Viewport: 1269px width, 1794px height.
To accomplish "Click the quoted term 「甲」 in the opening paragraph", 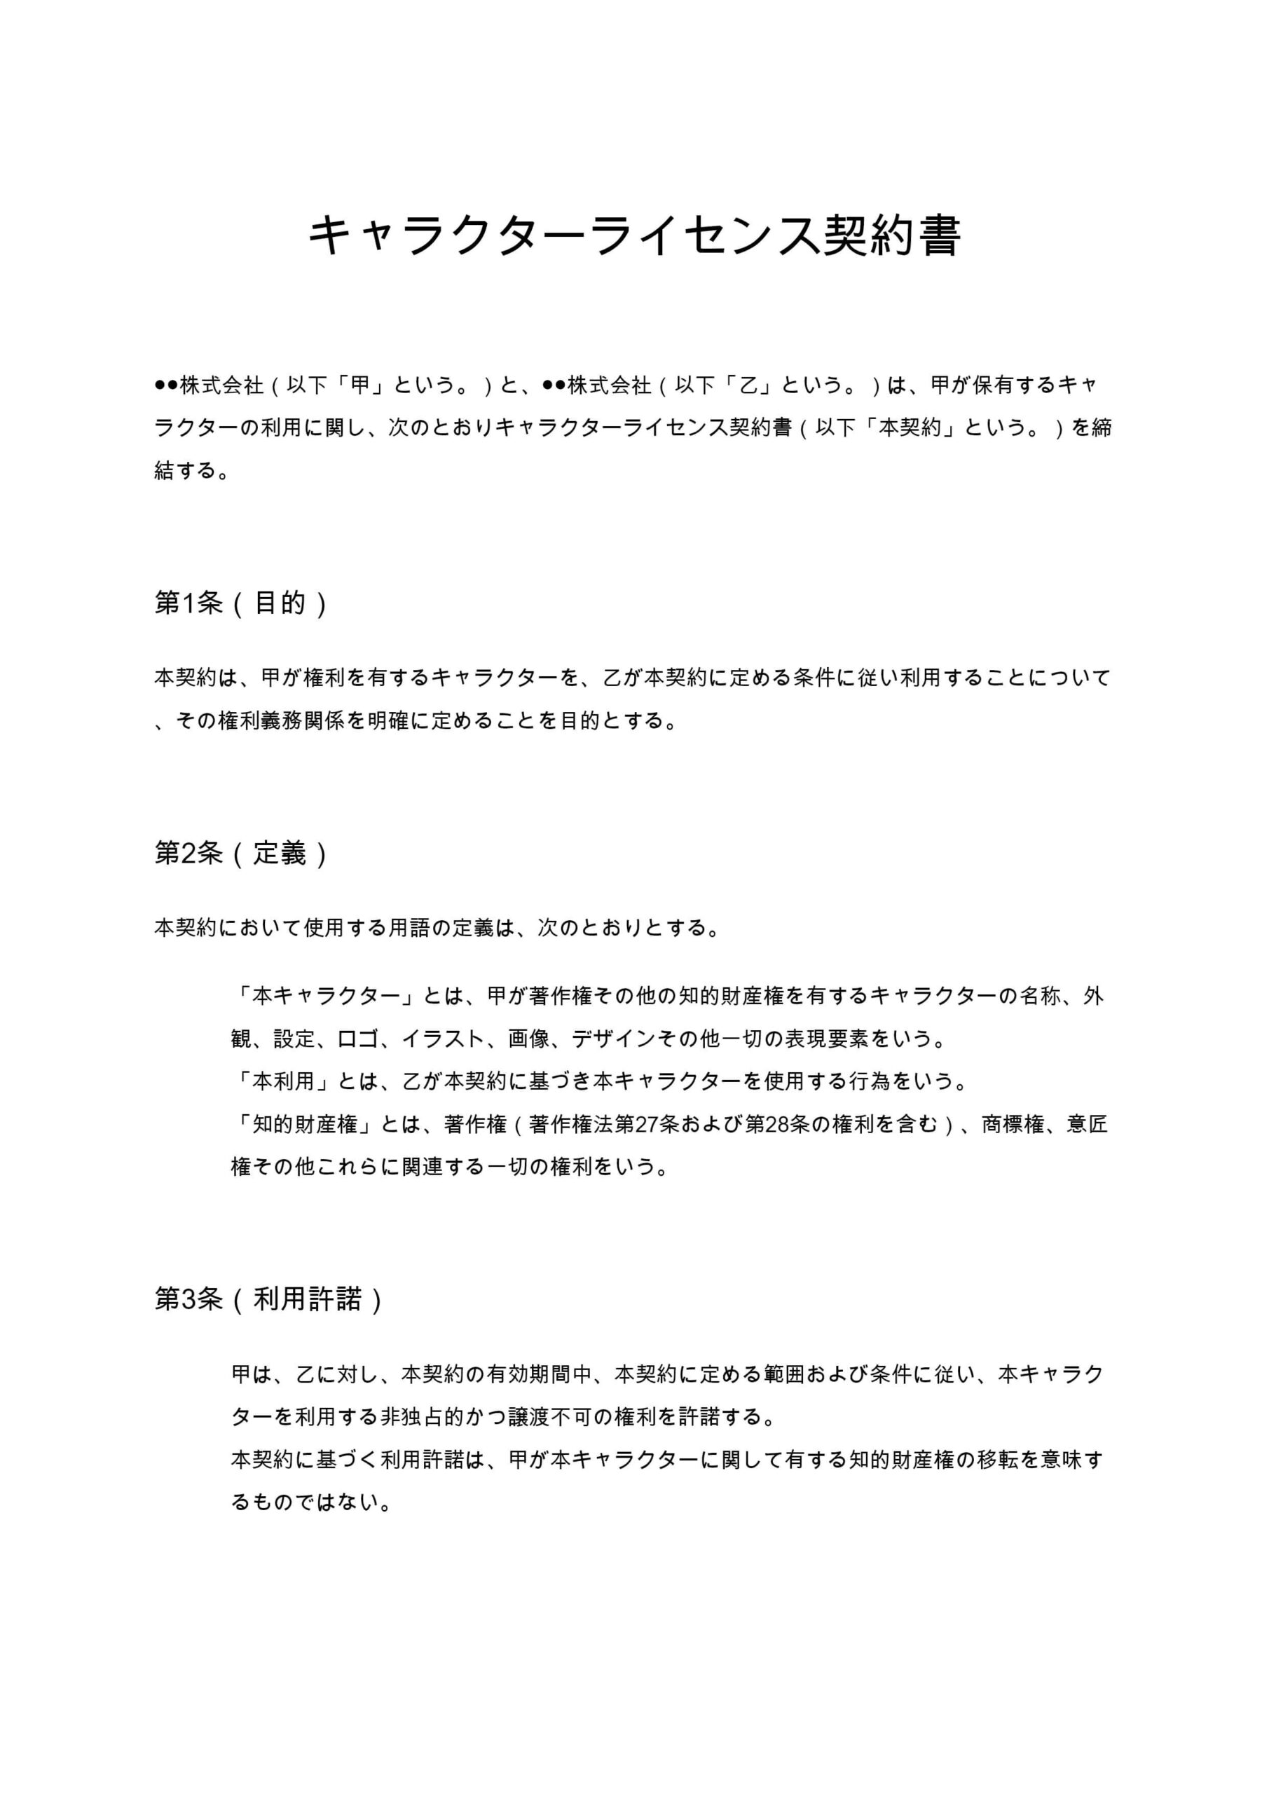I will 360,385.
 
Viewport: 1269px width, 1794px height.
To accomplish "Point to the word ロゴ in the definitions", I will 358,1039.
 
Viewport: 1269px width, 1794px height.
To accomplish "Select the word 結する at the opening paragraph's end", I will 186,471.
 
